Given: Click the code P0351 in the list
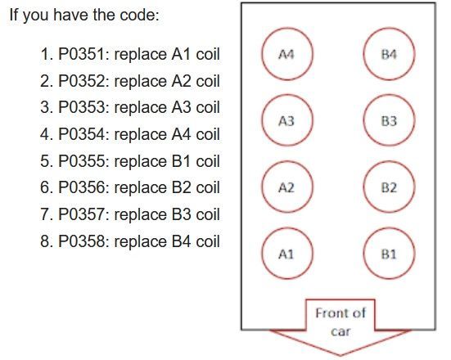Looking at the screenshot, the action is [x=81, y=54].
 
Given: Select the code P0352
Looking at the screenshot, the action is [x=81, y=81].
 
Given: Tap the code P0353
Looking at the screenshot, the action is [x=81, y=107].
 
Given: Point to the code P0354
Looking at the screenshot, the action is [x=81, y=134].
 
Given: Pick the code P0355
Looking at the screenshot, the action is [x=81, y=161].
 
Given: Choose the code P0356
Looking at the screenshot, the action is [x=81, y=187].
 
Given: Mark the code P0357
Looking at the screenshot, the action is [x=81, y=214].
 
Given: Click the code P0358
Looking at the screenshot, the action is [x=81, y=241].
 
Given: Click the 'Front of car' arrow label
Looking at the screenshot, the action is [x=341, y=322].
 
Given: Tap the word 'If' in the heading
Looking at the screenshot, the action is [x=14, y=15].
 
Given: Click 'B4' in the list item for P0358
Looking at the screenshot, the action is [x=181, y=241].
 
